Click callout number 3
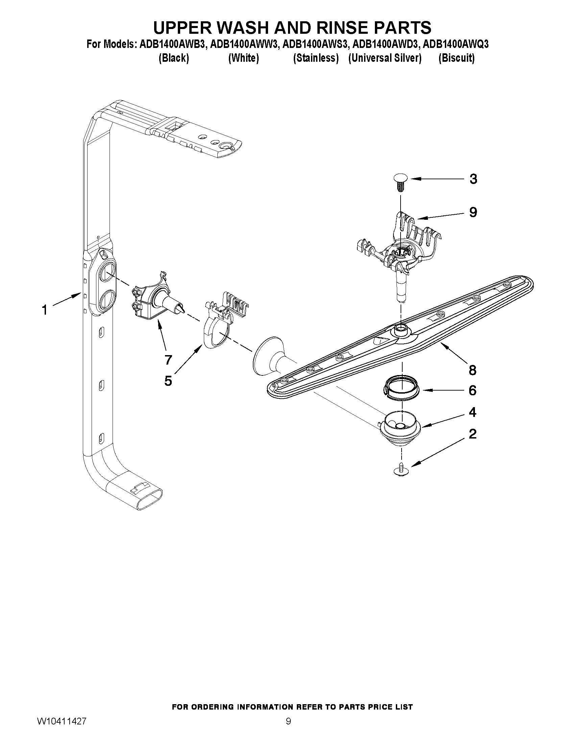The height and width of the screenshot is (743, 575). [473, 179]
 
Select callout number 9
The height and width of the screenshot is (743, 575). [473, 212]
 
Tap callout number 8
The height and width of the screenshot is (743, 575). [473, 370]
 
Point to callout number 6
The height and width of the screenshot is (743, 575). [473, 391]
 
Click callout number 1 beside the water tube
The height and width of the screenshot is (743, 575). [44, 310]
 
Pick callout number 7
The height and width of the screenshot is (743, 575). [168, 360]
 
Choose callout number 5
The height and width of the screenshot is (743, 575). [168, 381]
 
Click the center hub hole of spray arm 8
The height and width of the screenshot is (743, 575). [401, 328]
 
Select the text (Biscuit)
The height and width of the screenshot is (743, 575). [456, 58]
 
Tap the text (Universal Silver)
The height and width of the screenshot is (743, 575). [385, 58]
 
